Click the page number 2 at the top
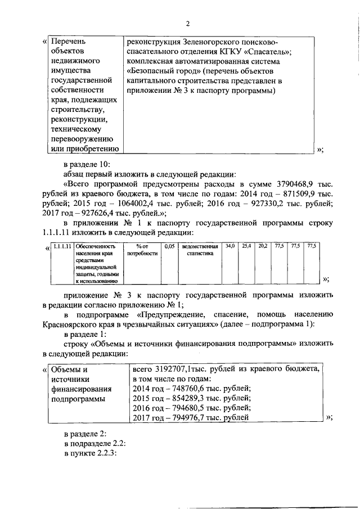point(188,23)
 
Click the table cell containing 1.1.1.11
point(62,246)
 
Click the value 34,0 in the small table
point(229,246)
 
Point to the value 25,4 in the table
point(246,246)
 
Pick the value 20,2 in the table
point(262,246)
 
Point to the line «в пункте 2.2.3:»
point(90,454)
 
